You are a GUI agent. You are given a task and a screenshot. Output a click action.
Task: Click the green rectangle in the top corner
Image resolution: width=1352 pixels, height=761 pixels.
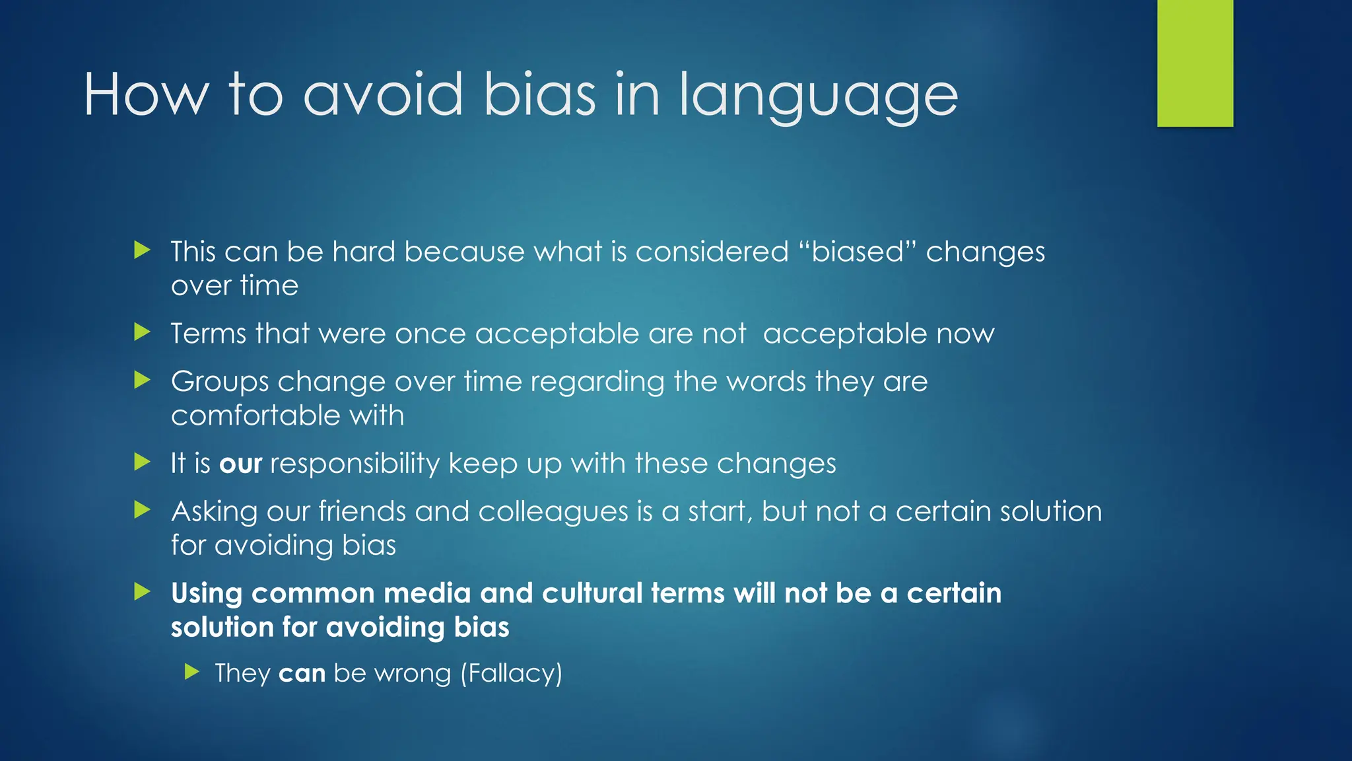[1195, 63]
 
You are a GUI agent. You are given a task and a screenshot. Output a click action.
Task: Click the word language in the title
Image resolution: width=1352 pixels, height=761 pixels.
[818, 96]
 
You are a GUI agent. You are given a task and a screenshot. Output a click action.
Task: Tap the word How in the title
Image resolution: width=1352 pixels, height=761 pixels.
[145, 95]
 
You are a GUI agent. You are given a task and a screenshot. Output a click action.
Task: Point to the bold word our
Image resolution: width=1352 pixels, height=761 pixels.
[240, 464]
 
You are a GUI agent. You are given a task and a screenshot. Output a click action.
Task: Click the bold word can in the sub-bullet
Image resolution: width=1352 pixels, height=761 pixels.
[302, 673]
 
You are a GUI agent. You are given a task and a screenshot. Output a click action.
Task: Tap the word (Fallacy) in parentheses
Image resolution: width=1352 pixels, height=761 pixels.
[511, 673]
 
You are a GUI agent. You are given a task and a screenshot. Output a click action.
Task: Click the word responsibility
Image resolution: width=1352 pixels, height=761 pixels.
[355, 464]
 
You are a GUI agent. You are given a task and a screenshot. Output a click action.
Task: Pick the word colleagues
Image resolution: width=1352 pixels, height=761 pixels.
[553, 512]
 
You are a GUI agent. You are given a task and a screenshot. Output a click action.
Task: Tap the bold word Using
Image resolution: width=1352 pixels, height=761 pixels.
[207, 593]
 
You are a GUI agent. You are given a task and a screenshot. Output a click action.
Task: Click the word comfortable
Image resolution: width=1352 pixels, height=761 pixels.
[255, 416]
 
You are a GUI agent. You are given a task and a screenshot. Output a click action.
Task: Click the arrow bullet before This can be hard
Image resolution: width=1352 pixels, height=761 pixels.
[142, 250]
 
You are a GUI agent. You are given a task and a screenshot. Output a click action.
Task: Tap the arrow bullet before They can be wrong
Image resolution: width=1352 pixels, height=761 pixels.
[191, 672]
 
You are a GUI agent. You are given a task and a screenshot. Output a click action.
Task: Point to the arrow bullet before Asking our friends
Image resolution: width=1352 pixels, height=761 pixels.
[142, 510]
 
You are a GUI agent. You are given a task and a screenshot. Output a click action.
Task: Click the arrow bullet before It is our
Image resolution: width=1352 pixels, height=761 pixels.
[142, 462]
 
